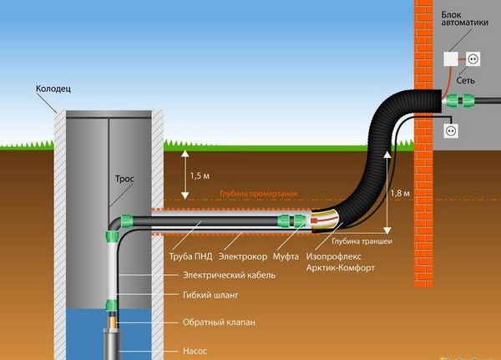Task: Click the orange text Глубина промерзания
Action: [x=259, y=194]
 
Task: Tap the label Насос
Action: [x=195, y=350]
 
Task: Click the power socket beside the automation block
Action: [x=471, y=59]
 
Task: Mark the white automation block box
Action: [x=451, y=59]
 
